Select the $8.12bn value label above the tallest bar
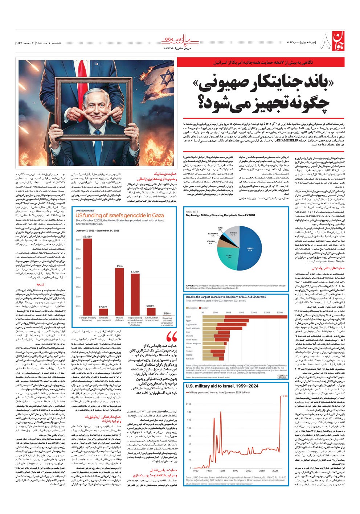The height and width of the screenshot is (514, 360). (87, 236)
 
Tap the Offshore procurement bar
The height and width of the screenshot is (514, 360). (103, 312)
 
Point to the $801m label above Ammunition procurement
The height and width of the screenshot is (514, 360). (151, 306)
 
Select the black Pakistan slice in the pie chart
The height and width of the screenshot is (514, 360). (225, 235)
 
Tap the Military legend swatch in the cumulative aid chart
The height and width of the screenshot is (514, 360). (200, 308)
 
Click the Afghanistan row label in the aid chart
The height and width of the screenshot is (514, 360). (191, 324)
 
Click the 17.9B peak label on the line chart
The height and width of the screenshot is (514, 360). (284, 396)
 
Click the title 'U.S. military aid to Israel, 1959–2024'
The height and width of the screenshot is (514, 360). (222, 386)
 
